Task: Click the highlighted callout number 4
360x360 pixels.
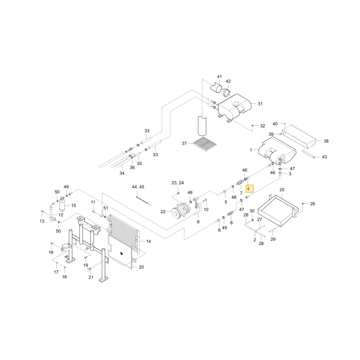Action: [x=248, y=189]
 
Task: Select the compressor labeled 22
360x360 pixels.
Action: [x=181, y=210]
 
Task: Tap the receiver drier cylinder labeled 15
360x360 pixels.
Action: [x=62, y=205]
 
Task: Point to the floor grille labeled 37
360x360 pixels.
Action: [x=205, y=144]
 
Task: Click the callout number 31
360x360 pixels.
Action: [x=260, y=104]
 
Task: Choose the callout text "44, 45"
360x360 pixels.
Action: [x=138, y=187]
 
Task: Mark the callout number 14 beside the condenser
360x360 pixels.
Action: [x=149, y=241]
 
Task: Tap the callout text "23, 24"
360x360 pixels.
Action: [x=178, y=183]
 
